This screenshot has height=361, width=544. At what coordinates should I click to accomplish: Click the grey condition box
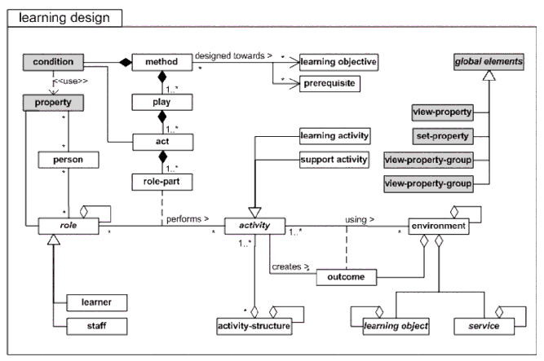pyautogui.click(x=53, y=61)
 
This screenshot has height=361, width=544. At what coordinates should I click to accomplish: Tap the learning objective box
pyautogui.click(x=339, y=62)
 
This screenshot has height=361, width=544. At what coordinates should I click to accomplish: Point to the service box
pyautogui.click(x=469, y=327)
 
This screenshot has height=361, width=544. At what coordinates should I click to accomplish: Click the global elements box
pyautogui.click(x=489, y=62)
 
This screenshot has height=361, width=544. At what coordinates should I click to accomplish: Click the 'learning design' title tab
pyautogui.click(x=64, y=15)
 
